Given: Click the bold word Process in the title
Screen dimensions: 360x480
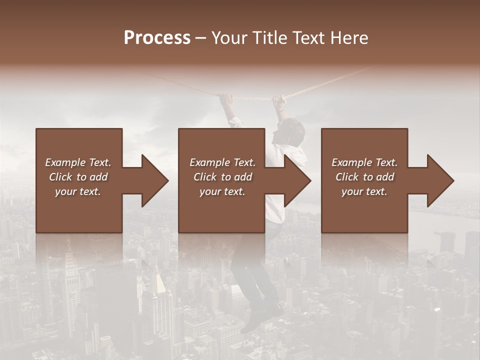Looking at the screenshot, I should (157, 38).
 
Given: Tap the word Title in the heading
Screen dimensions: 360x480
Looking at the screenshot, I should (270, 38).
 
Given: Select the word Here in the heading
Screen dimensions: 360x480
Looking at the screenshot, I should (348, 38).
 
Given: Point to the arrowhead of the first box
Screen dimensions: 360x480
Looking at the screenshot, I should (154, 180).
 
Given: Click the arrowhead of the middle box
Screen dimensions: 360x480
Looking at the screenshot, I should (297, 180).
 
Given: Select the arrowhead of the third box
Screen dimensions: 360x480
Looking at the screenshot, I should (440, 180).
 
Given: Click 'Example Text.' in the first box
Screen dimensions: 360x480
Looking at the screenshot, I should (78, 162).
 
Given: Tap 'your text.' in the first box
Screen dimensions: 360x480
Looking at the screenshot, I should (78, 191).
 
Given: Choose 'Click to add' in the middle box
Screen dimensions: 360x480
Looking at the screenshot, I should (222, 177).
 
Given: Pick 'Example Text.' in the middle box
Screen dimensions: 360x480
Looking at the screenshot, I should (222, 162).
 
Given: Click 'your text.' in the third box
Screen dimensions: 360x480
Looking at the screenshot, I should (364, 191).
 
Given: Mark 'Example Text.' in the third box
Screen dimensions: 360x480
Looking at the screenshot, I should (364, 162).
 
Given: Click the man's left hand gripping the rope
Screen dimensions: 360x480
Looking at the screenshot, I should (281, 99).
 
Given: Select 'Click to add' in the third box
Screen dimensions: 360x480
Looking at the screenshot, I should (364, 177).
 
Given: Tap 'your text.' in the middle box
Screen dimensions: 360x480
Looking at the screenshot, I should (222, 191).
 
